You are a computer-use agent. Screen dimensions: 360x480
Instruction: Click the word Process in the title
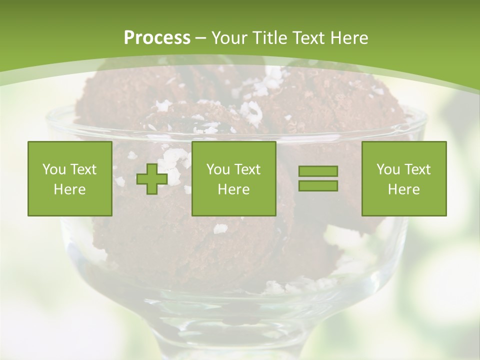coord(157,37)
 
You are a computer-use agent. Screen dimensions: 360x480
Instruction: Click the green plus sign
coord(152,179)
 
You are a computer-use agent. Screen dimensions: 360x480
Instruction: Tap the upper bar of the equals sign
coord(318,171)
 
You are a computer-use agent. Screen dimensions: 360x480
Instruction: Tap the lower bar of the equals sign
coord(318,185)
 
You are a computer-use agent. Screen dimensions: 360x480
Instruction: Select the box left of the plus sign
coord(70,178)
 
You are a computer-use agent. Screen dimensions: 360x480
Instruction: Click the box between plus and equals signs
coord(234,178)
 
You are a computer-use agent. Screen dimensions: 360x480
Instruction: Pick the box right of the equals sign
coord(404,178)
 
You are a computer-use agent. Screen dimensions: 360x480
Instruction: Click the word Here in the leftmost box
coord(70,189)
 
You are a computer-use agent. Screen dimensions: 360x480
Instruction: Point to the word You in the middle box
coord(218,169)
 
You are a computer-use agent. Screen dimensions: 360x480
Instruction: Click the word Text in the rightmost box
coord(417,169)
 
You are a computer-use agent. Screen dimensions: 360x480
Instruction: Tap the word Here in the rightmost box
coord(404,189)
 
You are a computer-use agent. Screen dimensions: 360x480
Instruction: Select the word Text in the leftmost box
coord(83,169)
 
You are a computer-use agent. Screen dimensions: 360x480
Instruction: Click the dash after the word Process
coord(200,38)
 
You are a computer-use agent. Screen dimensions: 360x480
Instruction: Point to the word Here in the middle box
coord(234,189)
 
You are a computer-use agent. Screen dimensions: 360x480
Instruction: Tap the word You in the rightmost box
coord(388,169)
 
